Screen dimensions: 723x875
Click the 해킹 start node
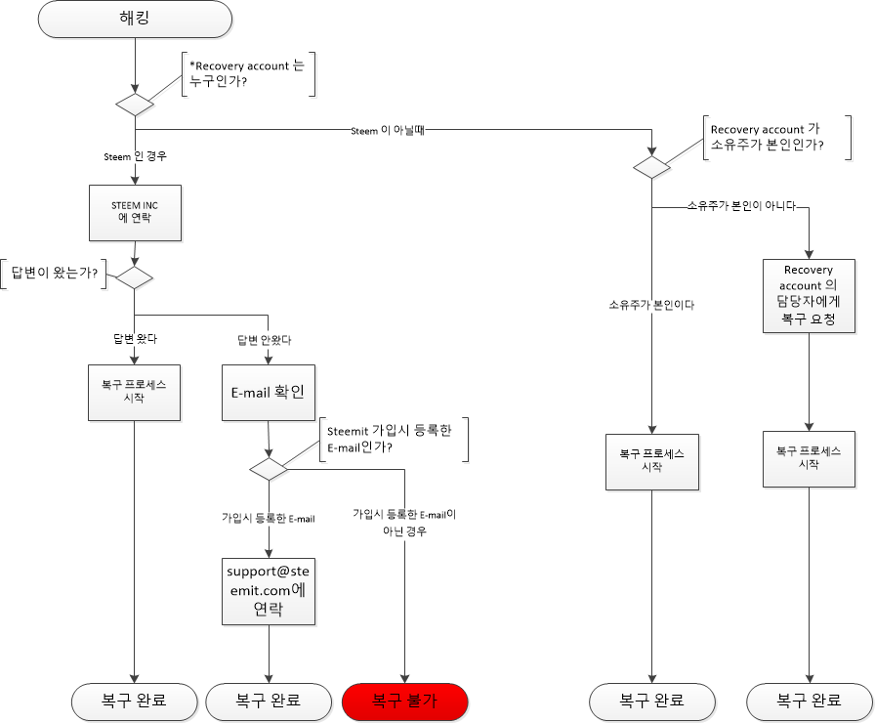pos(135,19)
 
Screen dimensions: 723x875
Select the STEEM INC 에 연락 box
pos(135,211)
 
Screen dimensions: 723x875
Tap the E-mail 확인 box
pos(268,392)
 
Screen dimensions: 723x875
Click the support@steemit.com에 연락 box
pos(268,591)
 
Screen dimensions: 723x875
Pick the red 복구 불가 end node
pos(405,701)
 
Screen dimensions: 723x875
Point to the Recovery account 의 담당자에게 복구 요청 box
pos(809,295)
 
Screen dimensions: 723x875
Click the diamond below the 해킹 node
pos(135,105)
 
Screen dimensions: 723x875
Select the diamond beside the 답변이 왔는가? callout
pos(135,277)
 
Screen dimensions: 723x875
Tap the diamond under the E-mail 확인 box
pos(268,469)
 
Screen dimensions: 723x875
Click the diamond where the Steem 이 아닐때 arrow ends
pos(651,167)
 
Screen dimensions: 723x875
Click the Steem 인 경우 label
pos(136,156)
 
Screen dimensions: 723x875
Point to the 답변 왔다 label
pos(135,340)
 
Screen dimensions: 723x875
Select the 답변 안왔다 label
pos(265,340)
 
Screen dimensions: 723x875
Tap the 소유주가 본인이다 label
pos(650,305)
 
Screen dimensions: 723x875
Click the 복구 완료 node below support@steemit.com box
pos(268,701)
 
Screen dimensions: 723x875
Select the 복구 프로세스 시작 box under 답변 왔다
pos(134,392)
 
